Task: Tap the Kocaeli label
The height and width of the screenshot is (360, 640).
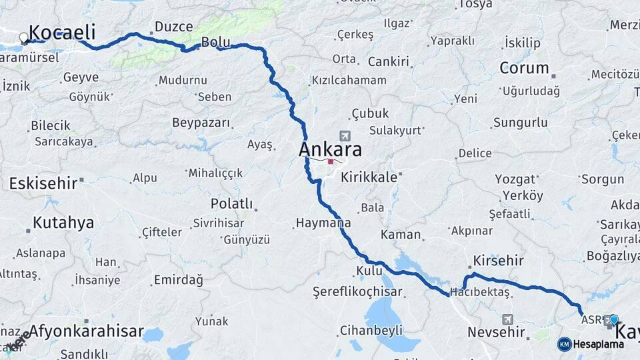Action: tap(63, 32)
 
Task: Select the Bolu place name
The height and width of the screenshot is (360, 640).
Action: tap(215, 42)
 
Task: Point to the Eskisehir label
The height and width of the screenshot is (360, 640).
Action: tap(42, 183)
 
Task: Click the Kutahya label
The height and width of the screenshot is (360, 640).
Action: tap(63, 223)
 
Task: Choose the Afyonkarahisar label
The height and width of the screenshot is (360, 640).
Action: tap(86, 331)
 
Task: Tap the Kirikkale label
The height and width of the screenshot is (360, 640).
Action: tap(369, 177)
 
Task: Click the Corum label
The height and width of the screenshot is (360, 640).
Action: tap(524, 68)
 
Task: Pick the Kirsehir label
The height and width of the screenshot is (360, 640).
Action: tap(498, 261)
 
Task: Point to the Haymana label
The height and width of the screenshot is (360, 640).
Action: tap(323, 223)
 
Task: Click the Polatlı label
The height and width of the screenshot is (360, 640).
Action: tap(231, 203)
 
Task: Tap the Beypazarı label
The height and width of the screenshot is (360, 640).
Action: tap(201, 123)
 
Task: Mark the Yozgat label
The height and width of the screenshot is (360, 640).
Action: tap(515, 179)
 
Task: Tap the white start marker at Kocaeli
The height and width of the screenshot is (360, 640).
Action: tap(25, 38)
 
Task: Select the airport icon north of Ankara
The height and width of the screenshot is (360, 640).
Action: tap(344, 135)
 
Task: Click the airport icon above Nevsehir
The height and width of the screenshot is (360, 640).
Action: tap(509, 319)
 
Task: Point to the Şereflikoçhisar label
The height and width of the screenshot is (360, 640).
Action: tap(357, 292)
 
